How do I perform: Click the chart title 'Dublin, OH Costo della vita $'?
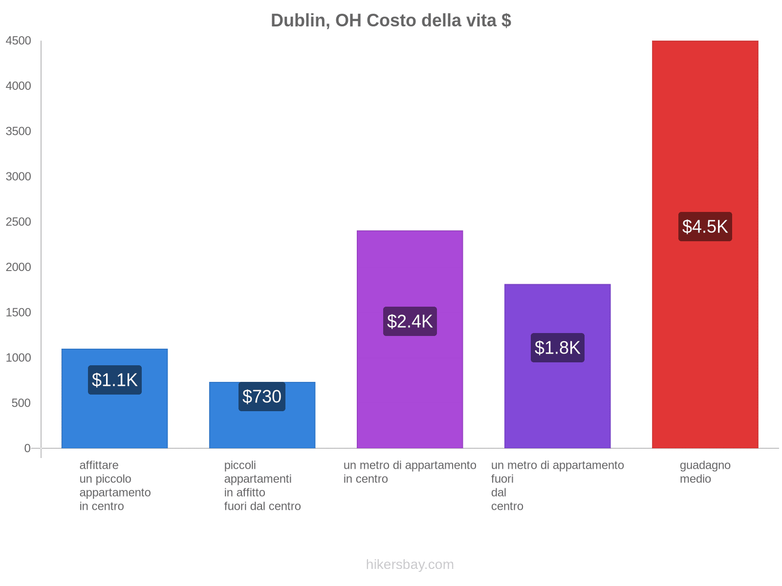point(391,21)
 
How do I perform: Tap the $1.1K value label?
point(115,380)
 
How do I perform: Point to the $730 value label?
point(262,397)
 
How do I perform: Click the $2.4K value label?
point(410,321)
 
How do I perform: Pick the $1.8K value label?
point(557,348)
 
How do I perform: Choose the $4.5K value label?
point(705,227)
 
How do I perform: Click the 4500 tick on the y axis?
point(19,41)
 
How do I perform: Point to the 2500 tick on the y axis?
point(19,222)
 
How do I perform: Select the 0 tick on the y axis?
point(27,448)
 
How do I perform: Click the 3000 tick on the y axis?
point(19,177)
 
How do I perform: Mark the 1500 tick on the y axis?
point(19,313)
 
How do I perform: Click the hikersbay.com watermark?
point(410,565)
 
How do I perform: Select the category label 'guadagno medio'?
point(705,472)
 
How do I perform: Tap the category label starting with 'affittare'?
point(115,485)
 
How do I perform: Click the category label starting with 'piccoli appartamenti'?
point(262,485)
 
